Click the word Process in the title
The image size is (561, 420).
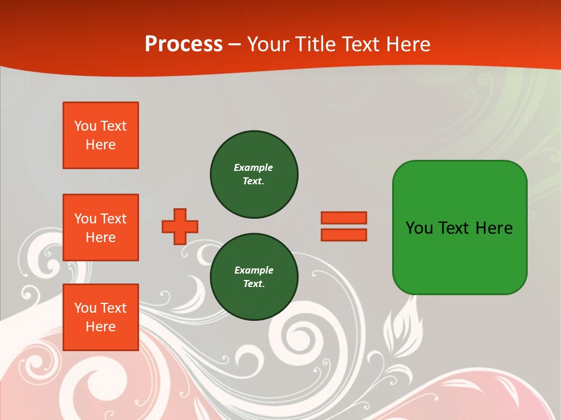tap(183, 44)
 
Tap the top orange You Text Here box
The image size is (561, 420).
tap(101, 135)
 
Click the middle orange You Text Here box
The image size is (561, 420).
tap(101, 228)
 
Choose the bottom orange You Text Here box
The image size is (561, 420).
tap(101, 317)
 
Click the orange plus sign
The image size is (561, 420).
tap(180, 226)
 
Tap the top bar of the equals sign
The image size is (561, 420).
tap(344, 218)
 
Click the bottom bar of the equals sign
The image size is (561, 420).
tap(344, 235)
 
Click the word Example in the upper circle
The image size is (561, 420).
tap(253, 167)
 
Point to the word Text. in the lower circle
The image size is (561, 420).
tap(254, 284)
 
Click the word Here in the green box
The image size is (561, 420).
tap(494, 228)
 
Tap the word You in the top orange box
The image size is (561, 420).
tap(85, 126)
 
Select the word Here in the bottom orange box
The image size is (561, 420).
tap(101, 327)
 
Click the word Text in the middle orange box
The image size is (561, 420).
tap(113, 219)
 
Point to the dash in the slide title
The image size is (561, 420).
tap(235, 44)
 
